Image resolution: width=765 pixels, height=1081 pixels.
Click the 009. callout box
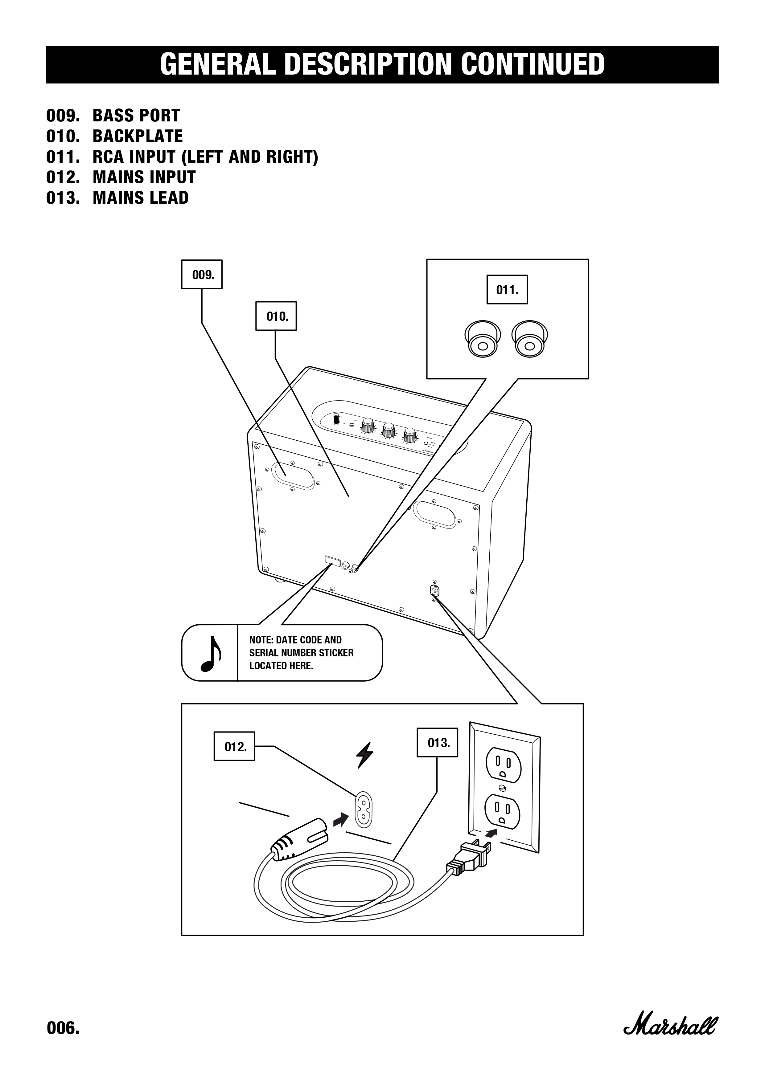pyautogui.click(x=202, y=275)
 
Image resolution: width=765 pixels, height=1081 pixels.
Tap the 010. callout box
pyautogui.click(x=276, y=316)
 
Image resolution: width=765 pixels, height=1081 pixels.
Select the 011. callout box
pyautogui.click(x=507, y=290)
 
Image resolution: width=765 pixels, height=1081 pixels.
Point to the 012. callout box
pyautogui.click(x=234, y=746)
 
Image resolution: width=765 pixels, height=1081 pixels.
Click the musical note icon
pyautogui.click(x=210, y=653)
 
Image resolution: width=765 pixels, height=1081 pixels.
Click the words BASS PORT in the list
pyautogui.click(x=136, y=115)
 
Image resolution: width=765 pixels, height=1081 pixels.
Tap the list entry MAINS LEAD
pyautogui.click(x=140, y=198)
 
